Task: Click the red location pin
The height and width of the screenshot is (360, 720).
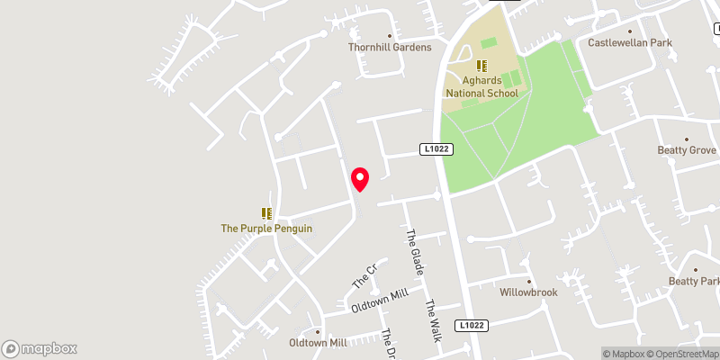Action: tap(360, 179)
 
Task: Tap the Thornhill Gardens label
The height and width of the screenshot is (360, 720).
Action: tap(391, 47)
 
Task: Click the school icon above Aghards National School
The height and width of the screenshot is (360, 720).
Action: tap(481, 65)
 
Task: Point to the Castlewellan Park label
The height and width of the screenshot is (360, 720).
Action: tap(630, 42)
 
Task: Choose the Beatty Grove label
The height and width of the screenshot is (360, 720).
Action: tap(686, 150)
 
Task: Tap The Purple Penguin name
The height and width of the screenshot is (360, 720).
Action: tap(266, 229)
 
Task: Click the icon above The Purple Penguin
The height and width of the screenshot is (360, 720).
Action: tap(266, 213)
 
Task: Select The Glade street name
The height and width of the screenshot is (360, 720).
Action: tap(415, 251)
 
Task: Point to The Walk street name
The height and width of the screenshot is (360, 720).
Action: tap(435, 320)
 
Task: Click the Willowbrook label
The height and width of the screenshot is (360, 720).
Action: tap(529, 292)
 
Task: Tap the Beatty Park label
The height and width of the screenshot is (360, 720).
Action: tap(695, 282)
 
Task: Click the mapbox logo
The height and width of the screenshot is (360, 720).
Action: tap(40, 348)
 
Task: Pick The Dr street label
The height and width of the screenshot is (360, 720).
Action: tap(389, 344)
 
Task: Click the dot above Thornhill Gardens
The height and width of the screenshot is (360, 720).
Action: tap(390, 36)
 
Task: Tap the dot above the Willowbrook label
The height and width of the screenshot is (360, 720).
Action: tap(529, 281)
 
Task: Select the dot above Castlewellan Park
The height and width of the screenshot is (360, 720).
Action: tap(630, 31)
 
